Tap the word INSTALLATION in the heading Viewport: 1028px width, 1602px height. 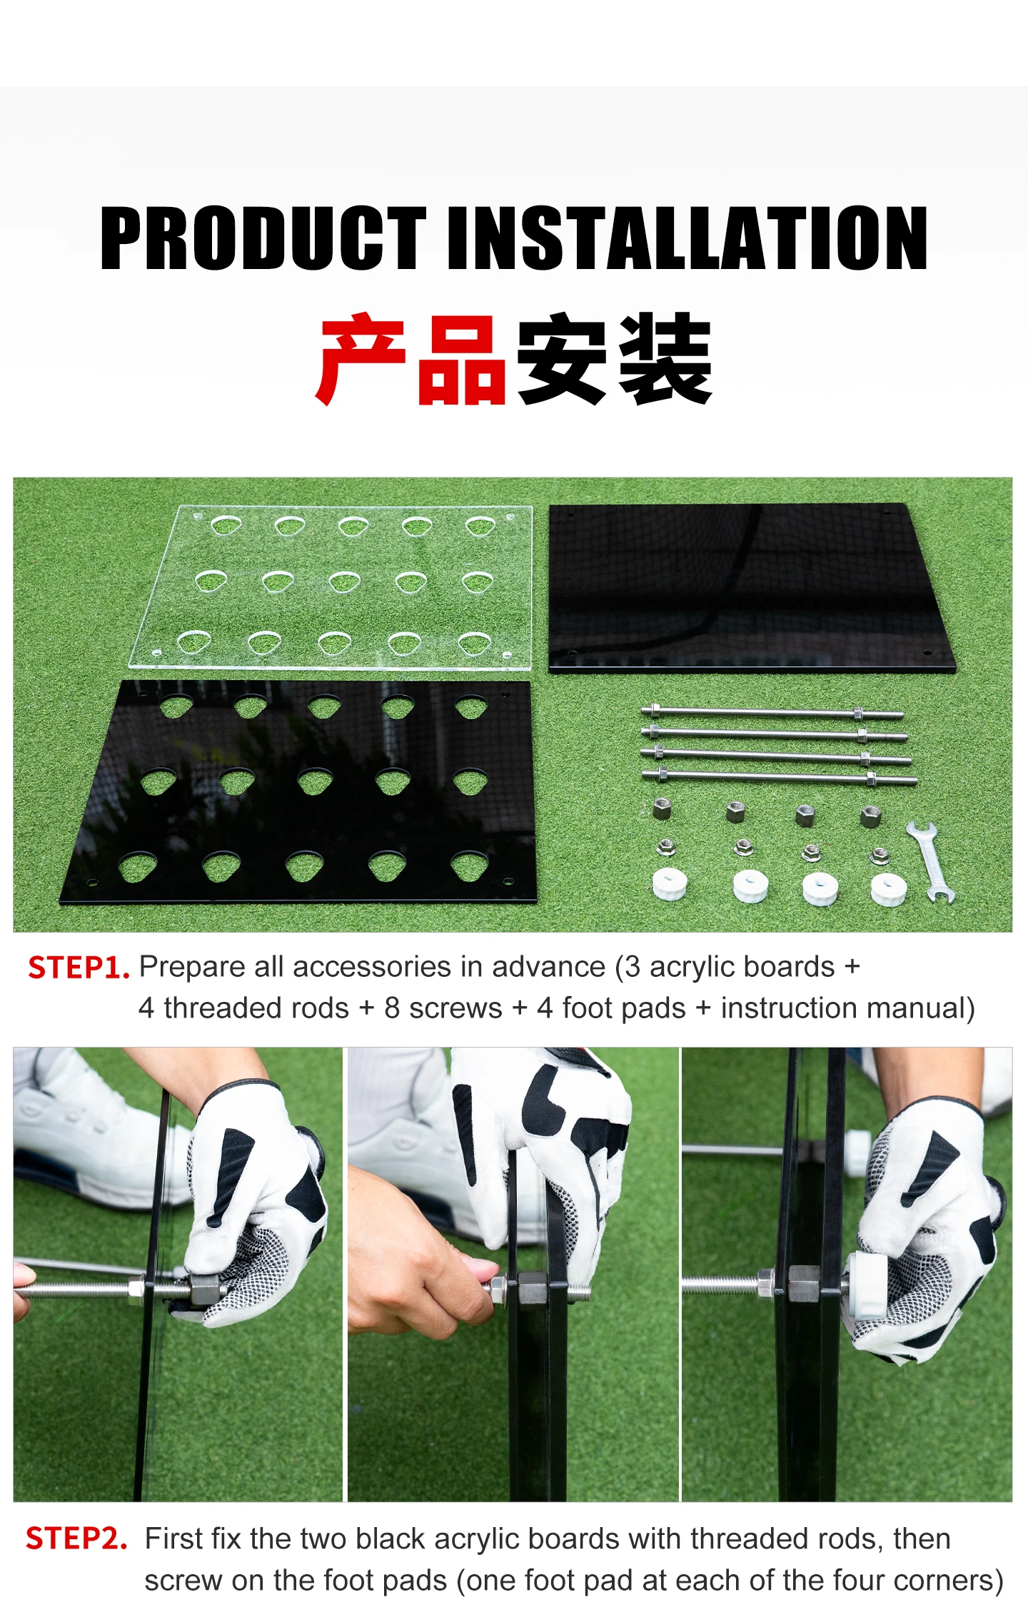(690, 238)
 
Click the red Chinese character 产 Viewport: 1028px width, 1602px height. (361, 359)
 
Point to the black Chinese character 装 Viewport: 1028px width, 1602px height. (665, 359)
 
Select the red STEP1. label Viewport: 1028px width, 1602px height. (79, 968)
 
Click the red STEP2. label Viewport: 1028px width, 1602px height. (76, 1538)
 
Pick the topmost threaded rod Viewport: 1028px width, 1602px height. (772, 712)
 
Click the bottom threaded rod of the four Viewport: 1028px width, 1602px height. (780, 776)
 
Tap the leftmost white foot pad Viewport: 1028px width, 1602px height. (670, 883)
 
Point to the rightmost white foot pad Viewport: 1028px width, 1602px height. (889, 889)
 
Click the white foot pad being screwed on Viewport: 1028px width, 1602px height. (866, 1284)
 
